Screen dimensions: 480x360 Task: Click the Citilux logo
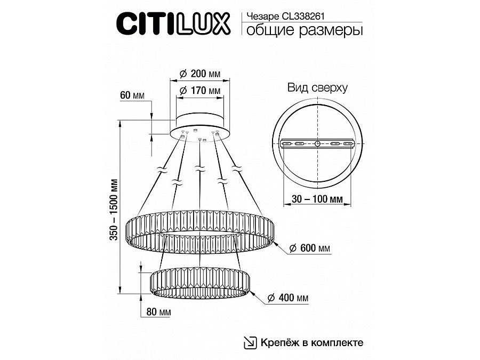click(x=173, y=24)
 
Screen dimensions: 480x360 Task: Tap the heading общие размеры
click(x=305, y=30)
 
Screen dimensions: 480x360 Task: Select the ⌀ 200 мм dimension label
click(x=199, y=74)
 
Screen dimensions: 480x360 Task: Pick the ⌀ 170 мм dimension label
click(x=199, y=91)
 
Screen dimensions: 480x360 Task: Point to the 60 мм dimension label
click(x=132, y=95)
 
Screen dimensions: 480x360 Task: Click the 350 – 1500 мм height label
click(x=114, y=209)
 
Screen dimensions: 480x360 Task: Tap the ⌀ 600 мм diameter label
click(x=310, y=248)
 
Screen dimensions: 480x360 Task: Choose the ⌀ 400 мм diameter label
click(x=288, y=298)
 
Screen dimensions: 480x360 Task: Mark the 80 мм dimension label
click(x=158, y=312)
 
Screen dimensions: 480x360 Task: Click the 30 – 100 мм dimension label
click(x=317, y=199)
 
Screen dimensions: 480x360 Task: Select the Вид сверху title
click(x=317, y=87)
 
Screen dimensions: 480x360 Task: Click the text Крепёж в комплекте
click(x=312, y=342)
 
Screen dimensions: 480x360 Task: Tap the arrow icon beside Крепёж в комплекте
click(x=250, y=342)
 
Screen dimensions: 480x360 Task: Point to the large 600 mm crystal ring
click(x=200, y=232)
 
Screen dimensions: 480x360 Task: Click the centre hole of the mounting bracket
click(x=317, y=143)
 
